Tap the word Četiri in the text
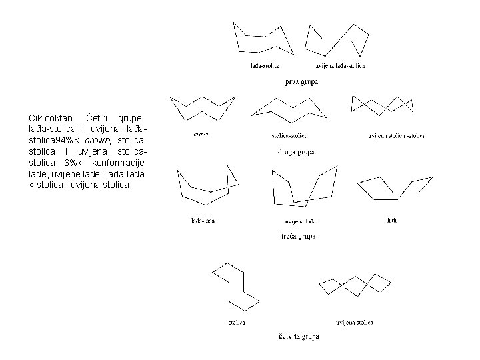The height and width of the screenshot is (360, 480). (x=101, y=119)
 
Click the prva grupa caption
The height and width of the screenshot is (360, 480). (x=301, y=82)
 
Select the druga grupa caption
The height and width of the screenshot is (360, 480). (x=295, y=152)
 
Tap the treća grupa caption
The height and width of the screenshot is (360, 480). (x=297, y=236)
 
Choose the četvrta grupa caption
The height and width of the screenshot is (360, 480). (x=298, y=336)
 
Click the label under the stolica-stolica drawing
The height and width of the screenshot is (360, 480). (x=290, y=136)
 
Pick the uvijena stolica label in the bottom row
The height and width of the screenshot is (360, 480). (x=354, y=323)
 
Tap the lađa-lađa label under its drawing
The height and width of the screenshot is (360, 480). (x=203, y=220)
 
